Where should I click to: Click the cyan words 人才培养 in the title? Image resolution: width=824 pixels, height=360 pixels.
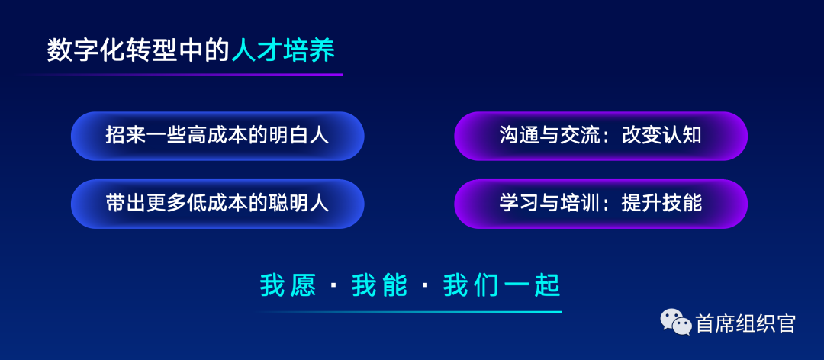pyautogui.click(x=283, y=52)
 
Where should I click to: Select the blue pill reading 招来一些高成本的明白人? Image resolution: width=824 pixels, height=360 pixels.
pyautogui.click(x=217, y=136)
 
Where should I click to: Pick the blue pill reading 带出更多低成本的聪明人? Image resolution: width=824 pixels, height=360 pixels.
pyautogui.click(x=217, y=204)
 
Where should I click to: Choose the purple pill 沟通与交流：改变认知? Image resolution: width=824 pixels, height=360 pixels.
pyautogui.click(x=600, y=136)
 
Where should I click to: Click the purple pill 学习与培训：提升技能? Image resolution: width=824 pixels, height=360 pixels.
pyautogui.click(x=600, y=204)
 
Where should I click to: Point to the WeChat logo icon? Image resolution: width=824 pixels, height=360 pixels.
pyautogui.click(x=676, y=322)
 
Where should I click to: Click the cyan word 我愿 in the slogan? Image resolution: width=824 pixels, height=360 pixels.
pyautogui.click(x=288, y=286)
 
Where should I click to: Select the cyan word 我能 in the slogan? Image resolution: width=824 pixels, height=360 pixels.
pyautogui.click(x=379, y=286)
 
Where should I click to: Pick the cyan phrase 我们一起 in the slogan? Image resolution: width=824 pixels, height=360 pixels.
pyautogui.click(x=501, y=286)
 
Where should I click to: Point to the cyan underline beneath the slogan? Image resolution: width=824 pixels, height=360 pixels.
pyautogui.click(x=408, y=312)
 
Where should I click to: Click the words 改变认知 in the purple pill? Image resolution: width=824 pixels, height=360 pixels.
pyautogui.click(x=661, y=136)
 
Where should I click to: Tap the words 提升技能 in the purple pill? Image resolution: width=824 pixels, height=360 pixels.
pyautogui.click(x=661, y=204)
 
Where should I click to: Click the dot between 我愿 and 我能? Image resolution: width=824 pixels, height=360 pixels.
pyautogui.click(x=333, y=287)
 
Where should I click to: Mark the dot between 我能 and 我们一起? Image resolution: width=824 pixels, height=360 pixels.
pyautogui.click(x=425, y=287)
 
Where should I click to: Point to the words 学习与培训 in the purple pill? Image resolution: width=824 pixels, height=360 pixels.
pyautogui.click(x=549, y=204)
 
